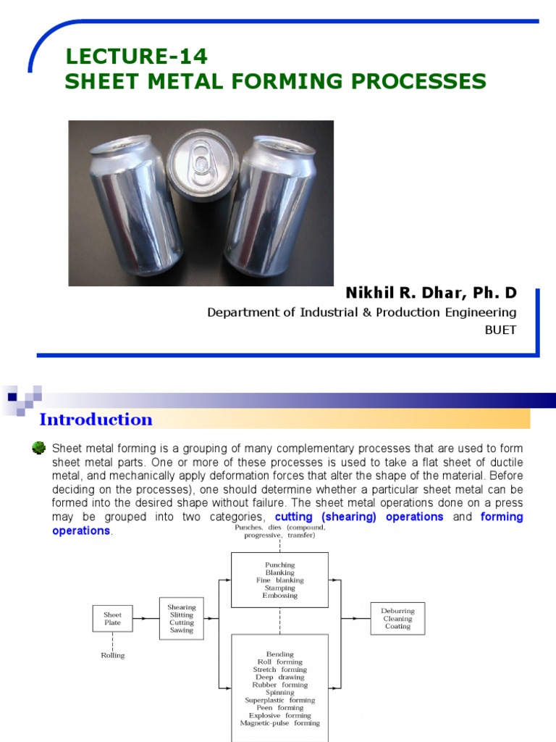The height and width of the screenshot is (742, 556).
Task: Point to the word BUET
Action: coord(500,329)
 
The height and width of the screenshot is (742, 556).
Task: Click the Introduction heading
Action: coord(96,420)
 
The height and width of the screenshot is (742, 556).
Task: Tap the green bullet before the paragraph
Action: coord(39,449)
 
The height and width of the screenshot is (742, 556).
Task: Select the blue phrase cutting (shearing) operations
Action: coord(359,517)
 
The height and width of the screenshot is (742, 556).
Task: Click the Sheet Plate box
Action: coord(112,618)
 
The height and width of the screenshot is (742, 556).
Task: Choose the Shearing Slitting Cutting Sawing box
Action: coord(182,619)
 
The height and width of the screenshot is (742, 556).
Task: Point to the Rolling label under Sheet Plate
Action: coord(112,655)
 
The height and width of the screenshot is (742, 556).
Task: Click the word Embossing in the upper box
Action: coord(279,596)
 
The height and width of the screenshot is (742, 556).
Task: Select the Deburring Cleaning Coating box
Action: coord(397,619)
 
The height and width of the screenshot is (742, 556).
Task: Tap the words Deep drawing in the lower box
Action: coord(279,677)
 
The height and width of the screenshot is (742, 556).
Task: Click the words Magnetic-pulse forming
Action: coord(279,723)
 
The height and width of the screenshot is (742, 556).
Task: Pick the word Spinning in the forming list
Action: coord(279,692)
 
